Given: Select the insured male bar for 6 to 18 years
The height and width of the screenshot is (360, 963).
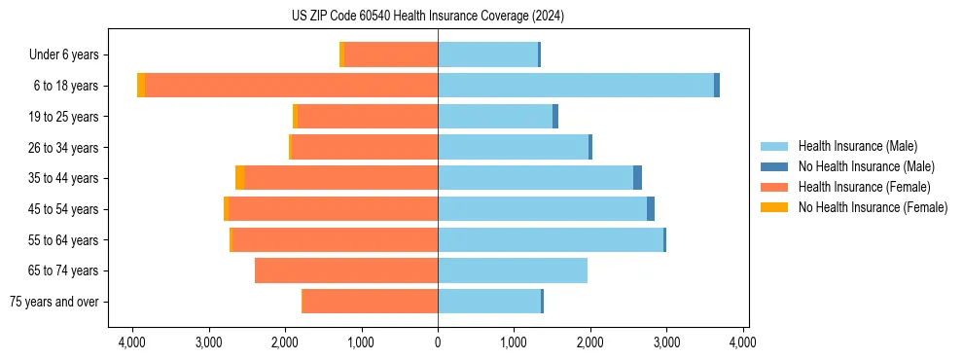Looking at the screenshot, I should [x=576, y=86].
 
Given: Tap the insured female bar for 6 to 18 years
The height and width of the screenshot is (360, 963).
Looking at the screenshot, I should [x=291, y=86].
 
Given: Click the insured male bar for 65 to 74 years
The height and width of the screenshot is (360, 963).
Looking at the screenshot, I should [x=513, y=270].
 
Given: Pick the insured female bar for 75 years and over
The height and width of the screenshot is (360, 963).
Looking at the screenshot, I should [x=371, y=302].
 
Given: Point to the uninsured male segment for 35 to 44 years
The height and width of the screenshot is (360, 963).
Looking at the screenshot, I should [x=637, y=178].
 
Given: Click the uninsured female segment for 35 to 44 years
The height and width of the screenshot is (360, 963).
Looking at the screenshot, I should [x=239, y=178].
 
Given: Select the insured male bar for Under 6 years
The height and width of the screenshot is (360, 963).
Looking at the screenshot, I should [x=487, y=54].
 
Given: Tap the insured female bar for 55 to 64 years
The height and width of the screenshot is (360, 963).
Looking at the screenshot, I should [x=335, y=239].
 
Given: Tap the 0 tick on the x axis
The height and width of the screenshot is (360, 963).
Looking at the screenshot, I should [x=438, y=342].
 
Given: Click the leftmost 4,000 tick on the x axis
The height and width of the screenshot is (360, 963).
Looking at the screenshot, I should [x=132, y=342].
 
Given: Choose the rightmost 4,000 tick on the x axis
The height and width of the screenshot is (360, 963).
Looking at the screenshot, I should [x=743, y=342].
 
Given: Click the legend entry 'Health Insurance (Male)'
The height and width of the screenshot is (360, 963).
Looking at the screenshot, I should [x=857, y=146].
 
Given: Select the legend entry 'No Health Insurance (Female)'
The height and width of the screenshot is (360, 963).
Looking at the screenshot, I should [x=873, y=207].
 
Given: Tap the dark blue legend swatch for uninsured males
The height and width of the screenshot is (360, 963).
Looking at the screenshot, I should [x=775, y=166].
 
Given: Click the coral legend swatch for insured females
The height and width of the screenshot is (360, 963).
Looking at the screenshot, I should [x=775, y=187].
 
